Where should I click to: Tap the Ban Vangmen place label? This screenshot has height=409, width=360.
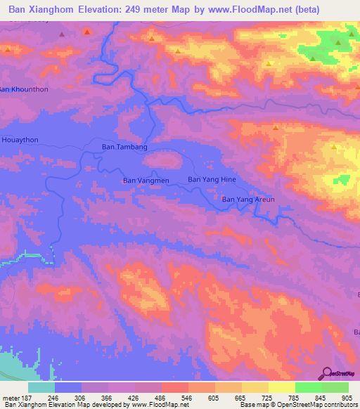(146, 181)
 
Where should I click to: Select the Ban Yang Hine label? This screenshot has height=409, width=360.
(212, 180)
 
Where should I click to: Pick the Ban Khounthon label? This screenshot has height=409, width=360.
(24, 89)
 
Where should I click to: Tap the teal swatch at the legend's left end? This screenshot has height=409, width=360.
(41, 387)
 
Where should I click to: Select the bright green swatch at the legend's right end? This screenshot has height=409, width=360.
(335, 387)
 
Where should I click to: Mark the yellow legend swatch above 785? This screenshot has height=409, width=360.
(281, 387)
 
